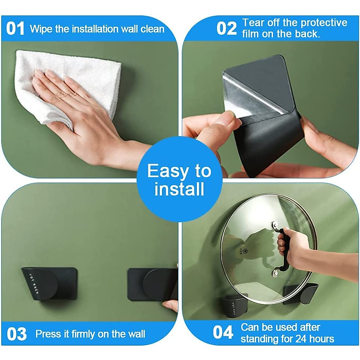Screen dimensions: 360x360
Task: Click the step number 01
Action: point(15,29)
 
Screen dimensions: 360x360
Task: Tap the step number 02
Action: point(226,29)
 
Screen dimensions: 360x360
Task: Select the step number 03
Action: point(16,334)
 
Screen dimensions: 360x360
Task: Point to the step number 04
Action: point(223,333)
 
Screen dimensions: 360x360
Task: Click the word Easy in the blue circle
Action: point(166,172)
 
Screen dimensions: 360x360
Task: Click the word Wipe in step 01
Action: point(40,29)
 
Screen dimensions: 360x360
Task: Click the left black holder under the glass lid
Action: point(234,306)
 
